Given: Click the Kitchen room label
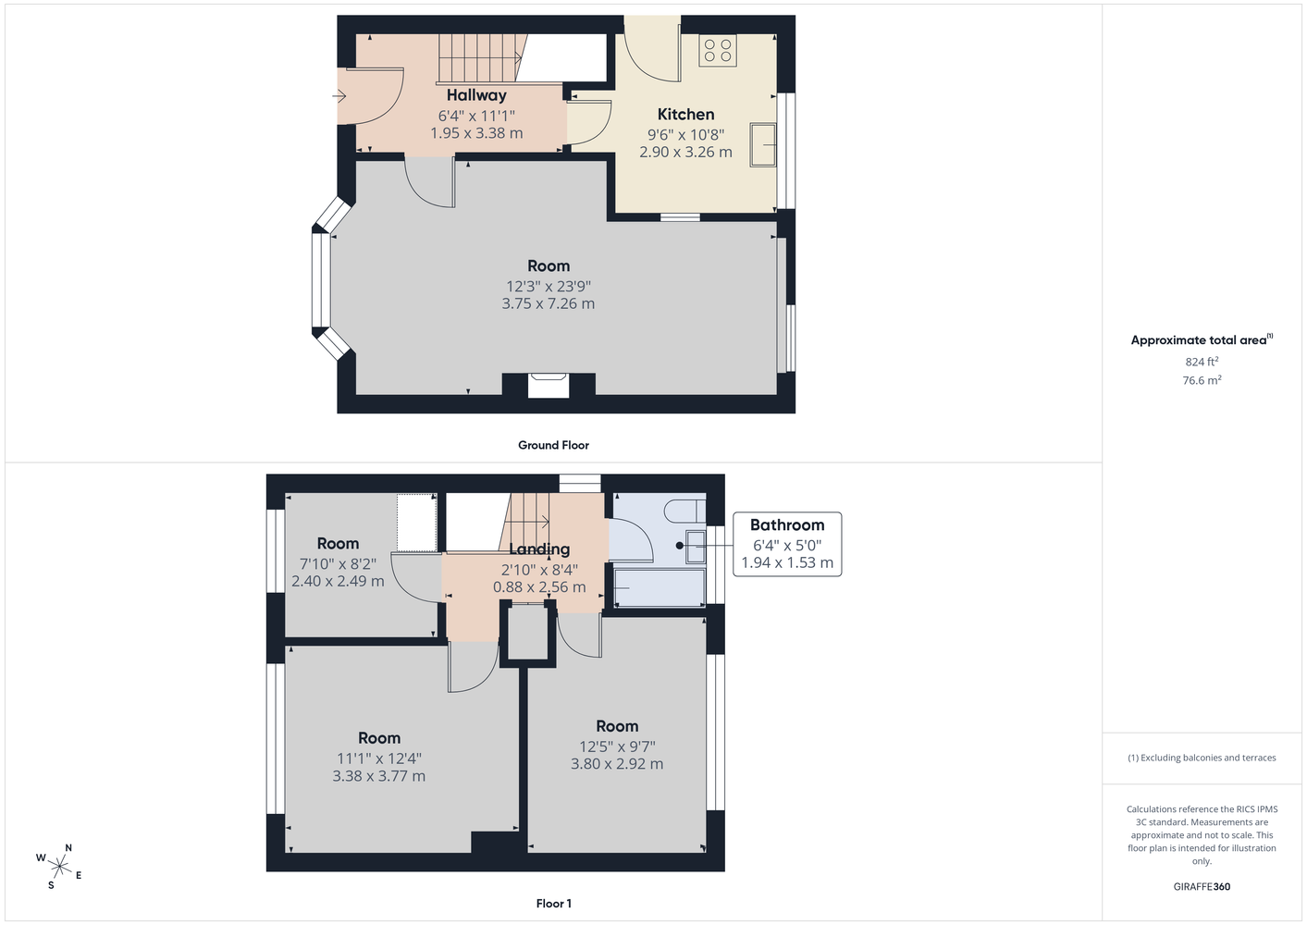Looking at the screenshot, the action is pyautogui.click(x=685, y=115).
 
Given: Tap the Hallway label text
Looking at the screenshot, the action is pyautogui.click(x=476, y=95).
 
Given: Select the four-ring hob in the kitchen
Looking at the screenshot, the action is pyautogui.click(x=718, y=50).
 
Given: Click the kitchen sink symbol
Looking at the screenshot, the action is pyautogui.click(x=762, y=144).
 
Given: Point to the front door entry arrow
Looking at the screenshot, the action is pyautogui.click(x=339, y=95).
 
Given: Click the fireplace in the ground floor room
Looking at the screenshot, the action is pyautogui.click(x=549, y=386).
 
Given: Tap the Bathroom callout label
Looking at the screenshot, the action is pyautogui.click(x=787, y=525).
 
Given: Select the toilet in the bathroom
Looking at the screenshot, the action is pyautogui.click(x=685, y=512).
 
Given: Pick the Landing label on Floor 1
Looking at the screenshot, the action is pyautogui.click(x=539, y=549).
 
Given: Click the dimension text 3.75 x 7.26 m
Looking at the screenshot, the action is pyautogui.click(x=549, y=303).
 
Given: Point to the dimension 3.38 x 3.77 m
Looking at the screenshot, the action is pyautogui.click(x=379, y=776).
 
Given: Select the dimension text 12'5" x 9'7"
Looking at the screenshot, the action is pyautogui.click(x=617, y=746).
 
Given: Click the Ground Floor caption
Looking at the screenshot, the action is pyautogui.click(x=554, y=445).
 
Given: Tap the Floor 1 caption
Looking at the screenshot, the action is pyautogui.click(x=554, y=904).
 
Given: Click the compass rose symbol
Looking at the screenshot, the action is pyautogui.click(x=59, y=867).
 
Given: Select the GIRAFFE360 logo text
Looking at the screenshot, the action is pyautogui.click(x=1202, y=886).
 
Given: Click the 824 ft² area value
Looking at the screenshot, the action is pyautogui.click(x=1202, y=362).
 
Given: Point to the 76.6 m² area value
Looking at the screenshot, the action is pyautogui.click(x=1202, y=380).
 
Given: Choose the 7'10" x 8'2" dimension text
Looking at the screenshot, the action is pyautogui.click(x=338, y=564).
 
